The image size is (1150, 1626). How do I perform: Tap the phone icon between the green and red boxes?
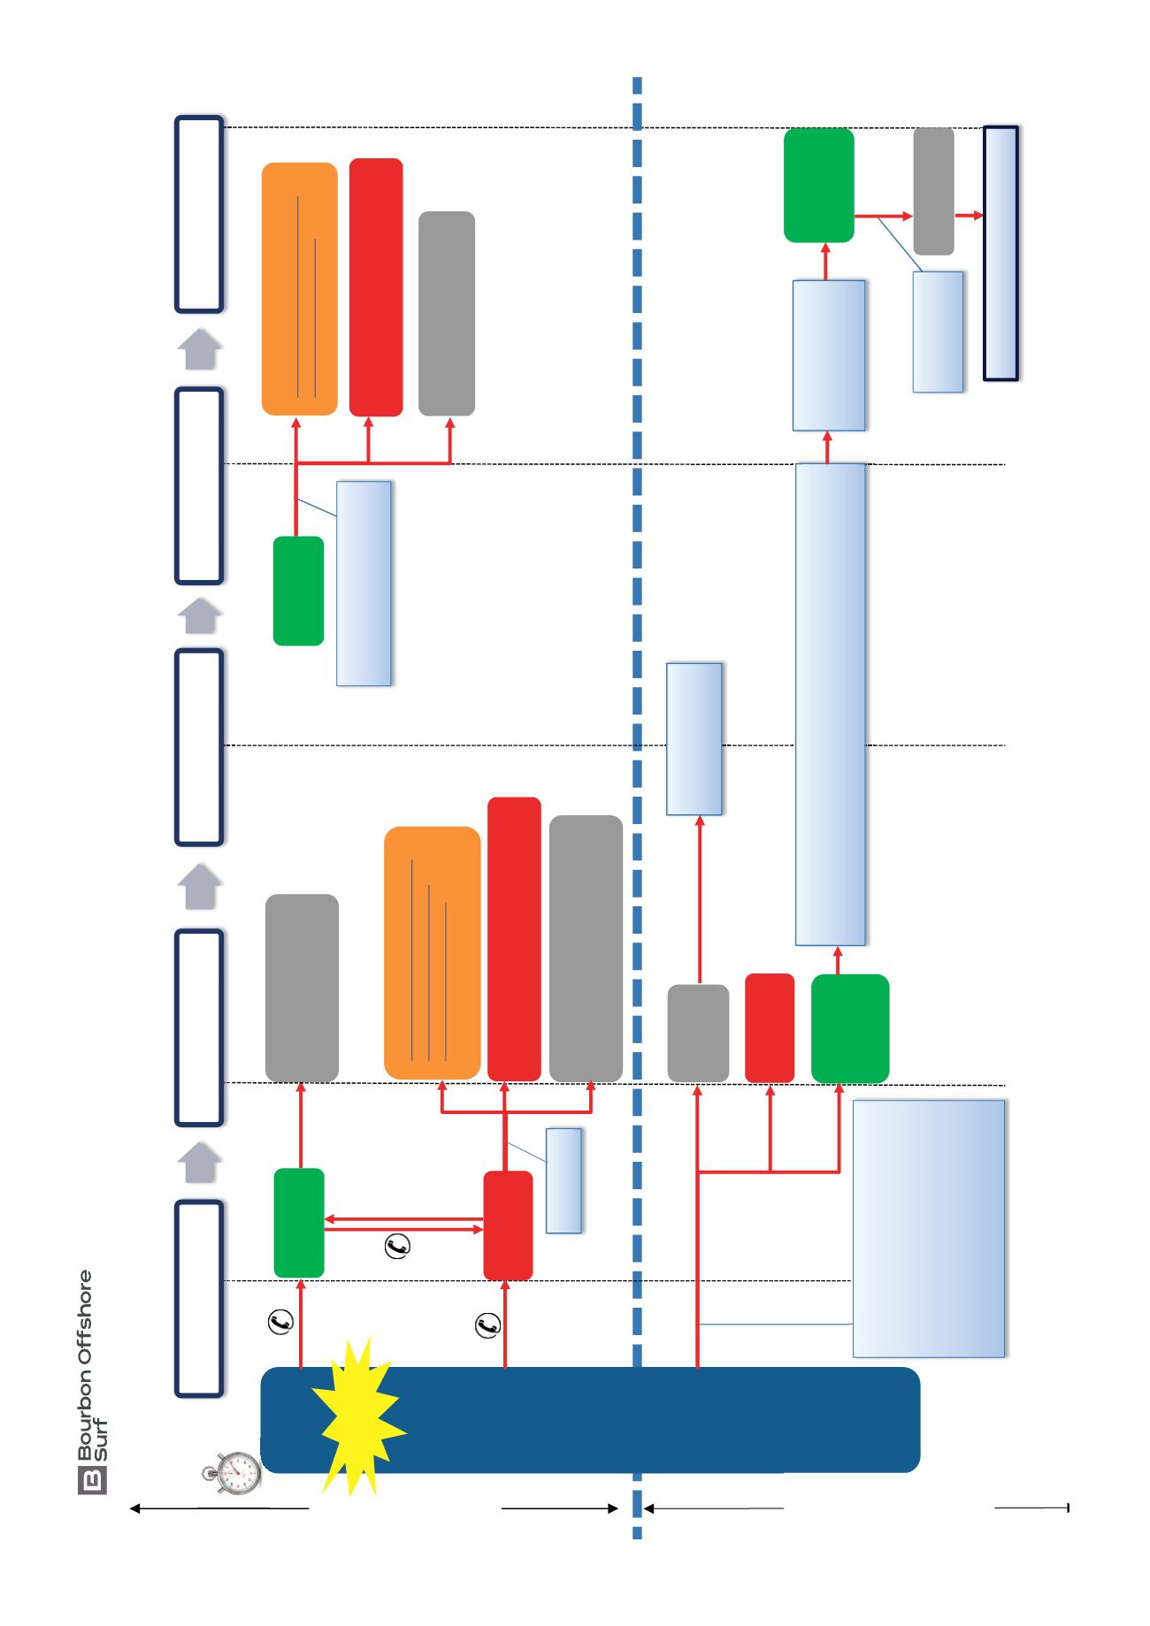pyautogui.click(x=397, y=1247)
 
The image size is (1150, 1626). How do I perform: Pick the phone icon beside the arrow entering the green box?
pyautogui.click(x=280, y=1323)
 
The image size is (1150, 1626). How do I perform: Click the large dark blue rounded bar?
pyautogui.click(x=590, y=1420)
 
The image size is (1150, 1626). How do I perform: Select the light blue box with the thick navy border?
pyautogui.click(x=1000, y=254)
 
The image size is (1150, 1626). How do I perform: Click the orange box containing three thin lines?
pyautogui.click(x=432, y=953)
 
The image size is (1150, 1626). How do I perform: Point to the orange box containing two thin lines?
pyautogui.click(x=299, y=288)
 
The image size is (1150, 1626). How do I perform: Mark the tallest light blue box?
pyautogui.click(x=830, y=704)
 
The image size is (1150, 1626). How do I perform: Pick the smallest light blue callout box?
pyautogui.click(x=563, y=1180)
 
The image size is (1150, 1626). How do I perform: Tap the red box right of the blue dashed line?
pyautogui.click(x=770, y=1028)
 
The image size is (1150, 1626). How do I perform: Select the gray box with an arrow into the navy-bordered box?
pyautogui.click(x=933, y=191)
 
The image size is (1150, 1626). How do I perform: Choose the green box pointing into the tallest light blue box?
pyautogui.click(x=850, y=1028)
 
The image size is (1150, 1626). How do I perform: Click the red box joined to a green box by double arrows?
pyautogui.click(x=508, y=1225)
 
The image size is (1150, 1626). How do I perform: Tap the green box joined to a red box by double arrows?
pyautogui.click(x=299, y=1223)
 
